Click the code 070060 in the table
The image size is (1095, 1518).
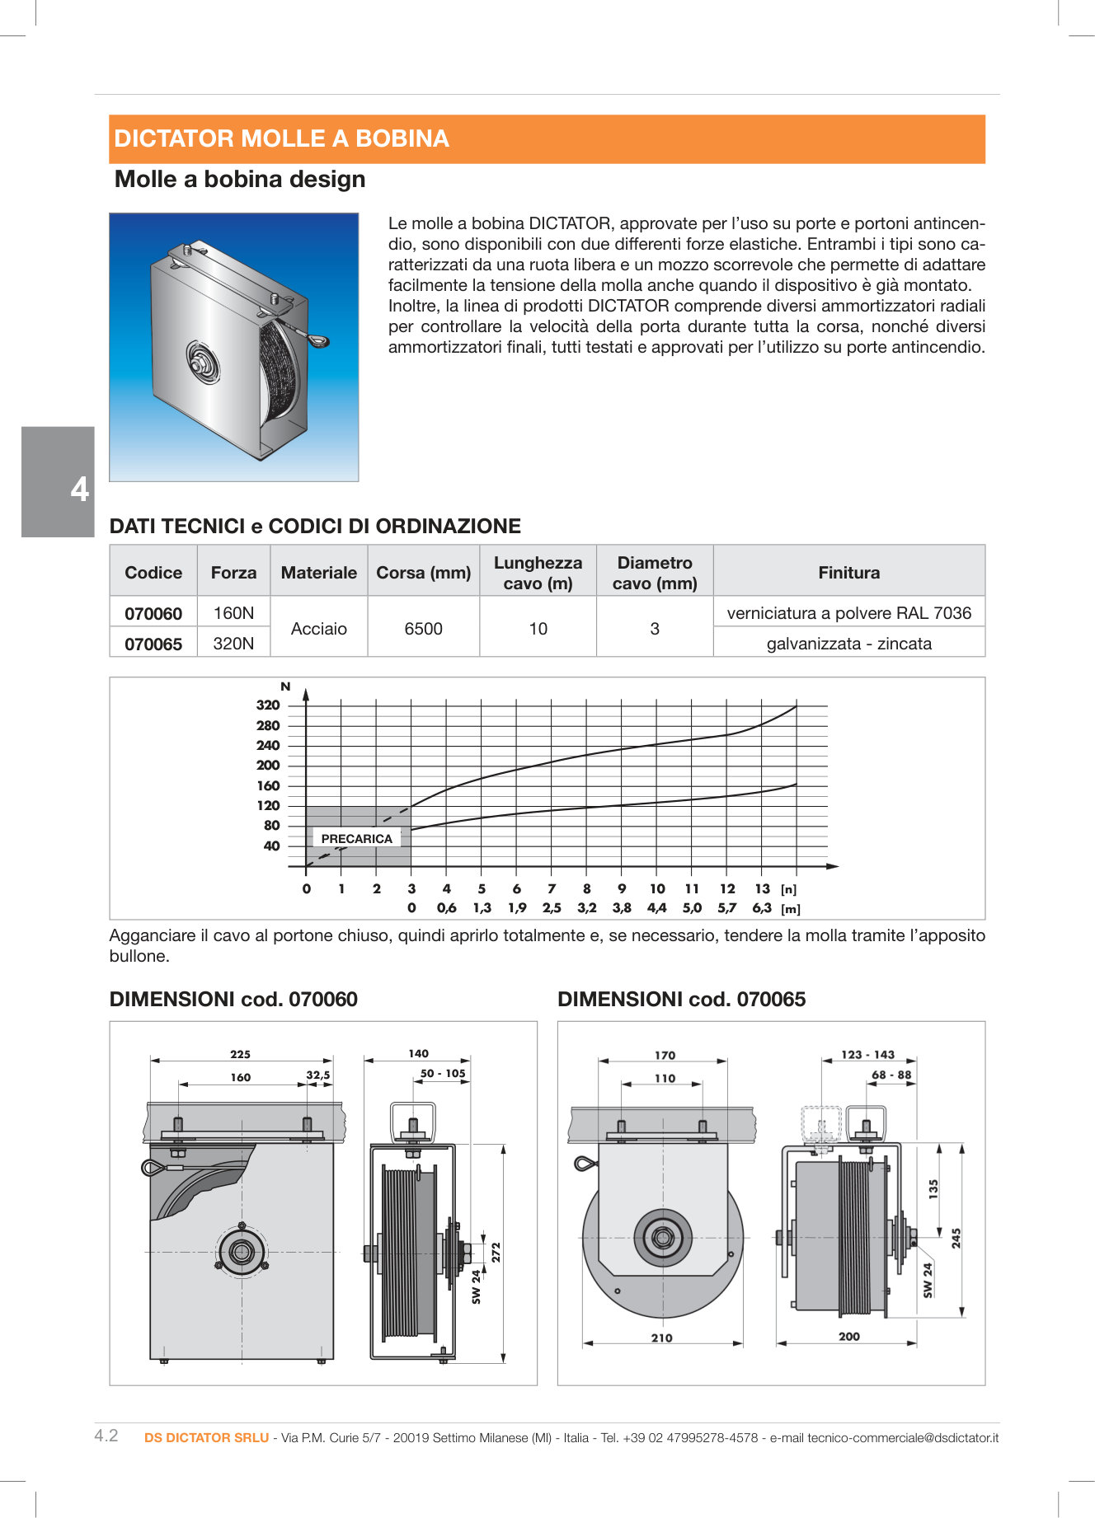pyautogui.click(x=153, y=614)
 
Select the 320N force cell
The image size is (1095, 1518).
pyautogui.click(x=233, y=644)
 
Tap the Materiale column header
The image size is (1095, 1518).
pyautogui.click(x=318, y=573)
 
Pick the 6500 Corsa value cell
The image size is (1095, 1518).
pyautogui.click(x=423, y=629)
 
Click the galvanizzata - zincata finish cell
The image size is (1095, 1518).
pyautogui.click(x=848, y=644)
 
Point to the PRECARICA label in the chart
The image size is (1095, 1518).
pyautogui.click(x=356, y=839)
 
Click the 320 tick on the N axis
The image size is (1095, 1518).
pyautogui.click(x=268, y=705)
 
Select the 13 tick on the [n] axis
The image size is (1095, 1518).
pyautogui.click(x=762, y=889)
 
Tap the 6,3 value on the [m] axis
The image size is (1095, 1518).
pyautogui.click(x=762, y=908)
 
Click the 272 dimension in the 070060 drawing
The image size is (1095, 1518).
pyautogui.click(x=496, y=1252)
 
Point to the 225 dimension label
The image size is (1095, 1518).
pyautogui.click(x=240, y=1054)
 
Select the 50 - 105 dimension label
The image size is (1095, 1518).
pyautogui.click(x=443, y=1073)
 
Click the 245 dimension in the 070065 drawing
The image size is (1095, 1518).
pyautogui.click(x=956, y=1238)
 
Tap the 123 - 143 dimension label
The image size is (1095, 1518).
pyautogui.click(x=867, y=1055)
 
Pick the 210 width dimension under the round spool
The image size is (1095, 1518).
pyautogui.click(x=661, y=1338)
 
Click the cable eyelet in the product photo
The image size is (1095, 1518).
pyautogui.click(x=319, y=339)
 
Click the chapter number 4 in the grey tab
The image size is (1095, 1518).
pyautogui.click(x=79, y=490)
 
